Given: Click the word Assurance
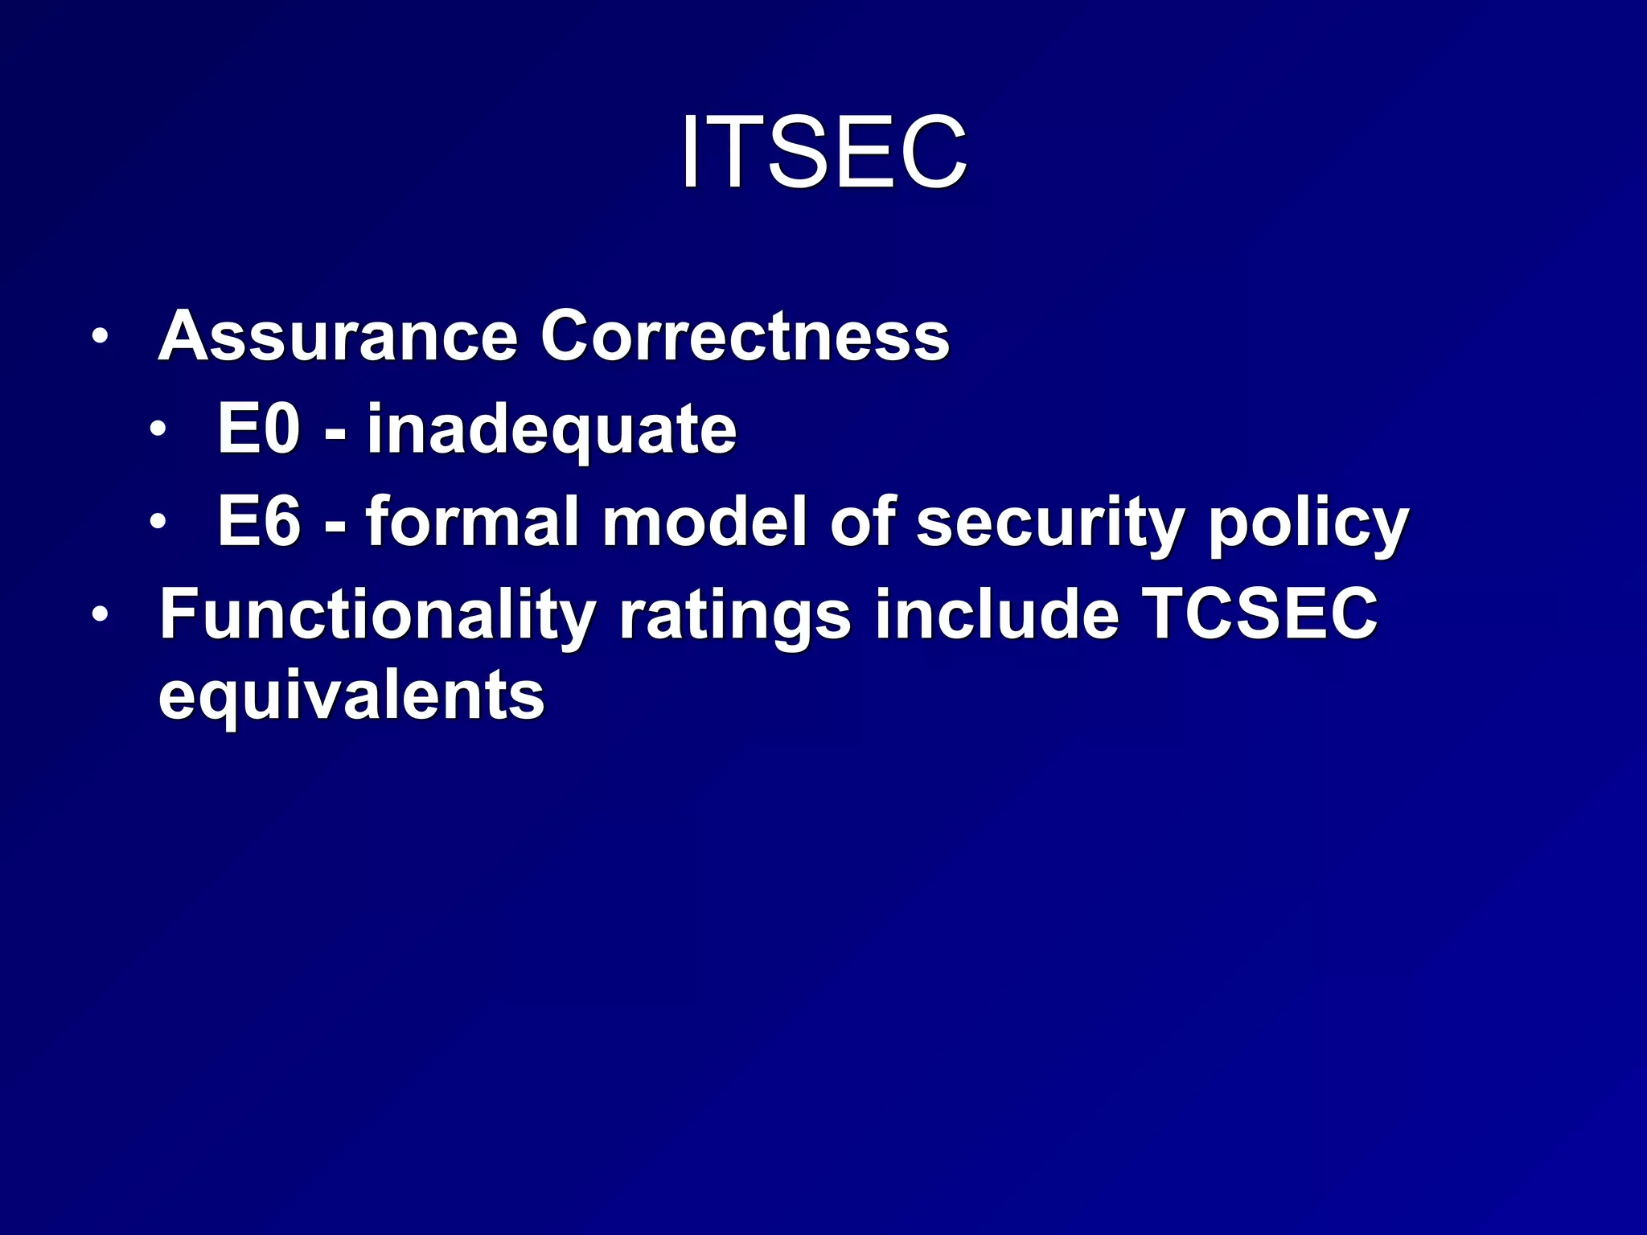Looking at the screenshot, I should [x=338, y=336].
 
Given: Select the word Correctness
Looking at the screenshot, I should [x=745, y=336].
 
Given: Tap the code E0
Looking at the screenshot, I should [x=259, y=429].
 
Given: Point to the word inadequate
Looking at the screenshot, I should [x=552, y=430].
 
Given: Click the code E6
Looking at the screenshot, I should [x=259, y=521].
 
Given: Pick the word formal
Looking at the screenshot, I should [x=473, y=521].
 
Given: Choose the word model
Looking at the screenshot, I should [x=704, y=521].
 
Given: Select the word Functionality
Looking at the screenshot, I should [x=377, y=615].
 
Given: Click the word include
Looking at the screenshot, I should [x=996, y=613].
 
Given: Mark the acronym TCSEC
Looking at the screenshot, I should [x=1259, y=613].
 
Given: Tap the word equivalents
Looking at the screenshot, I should [x=351, y=696].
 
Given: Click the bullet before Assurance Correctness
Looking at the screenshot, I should [x=99, y=336].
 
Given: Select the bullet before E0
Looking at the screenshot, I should [x=158, y=429].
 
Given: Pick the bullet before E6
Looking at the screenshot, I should [x=158, y=521].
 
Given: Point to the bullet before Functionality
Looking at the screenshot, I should [x=99, y=615].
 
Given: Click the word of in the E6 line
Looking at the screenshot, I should [x=862, y=521].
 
